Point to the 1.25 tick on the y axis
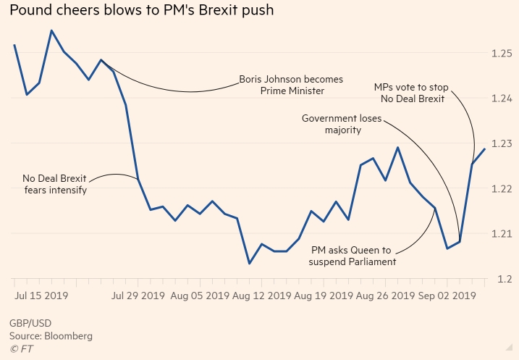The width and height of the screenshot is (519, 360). (502, 54)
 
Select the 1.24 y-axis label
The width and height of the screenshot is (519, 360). (502, 99)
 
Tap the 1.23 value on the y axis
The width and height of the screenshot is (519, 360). (502, 143)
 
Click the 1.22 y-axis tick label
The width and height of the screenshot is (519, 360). (502, 189)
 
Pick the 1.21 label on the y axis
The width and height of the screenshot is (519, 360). (502, 234)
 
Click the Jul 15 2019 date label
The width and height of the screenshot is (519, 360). (41, 296)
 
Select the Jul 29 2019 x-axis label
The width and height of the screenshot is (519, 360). (138, 296)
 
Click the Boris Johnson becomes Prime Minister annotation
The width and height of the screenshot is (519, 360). (291, 85)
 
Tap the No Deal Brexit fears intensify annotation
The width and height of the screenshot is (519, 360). (54, 185)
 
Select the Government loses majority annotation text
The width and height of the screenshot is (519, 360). (342, 124)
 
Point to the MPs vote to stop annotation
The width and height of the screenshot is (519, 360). (411, 93)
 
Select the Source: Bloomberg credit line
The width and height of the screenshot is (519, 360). (51, 336)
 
